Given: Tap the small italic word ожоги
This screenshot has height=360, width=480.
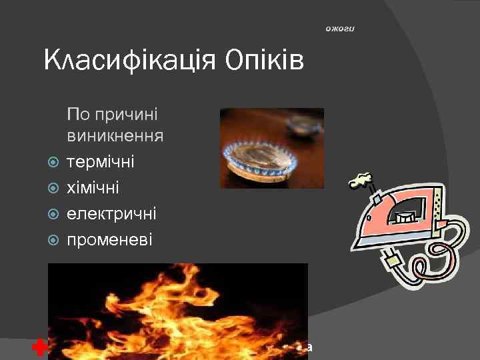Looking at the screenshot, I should point(342,29).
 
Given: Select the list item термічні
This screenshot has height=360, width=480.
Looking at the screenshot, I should point(100,162).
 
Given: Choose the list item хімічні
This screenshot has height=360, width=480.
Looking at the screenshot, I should point(93,188).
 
